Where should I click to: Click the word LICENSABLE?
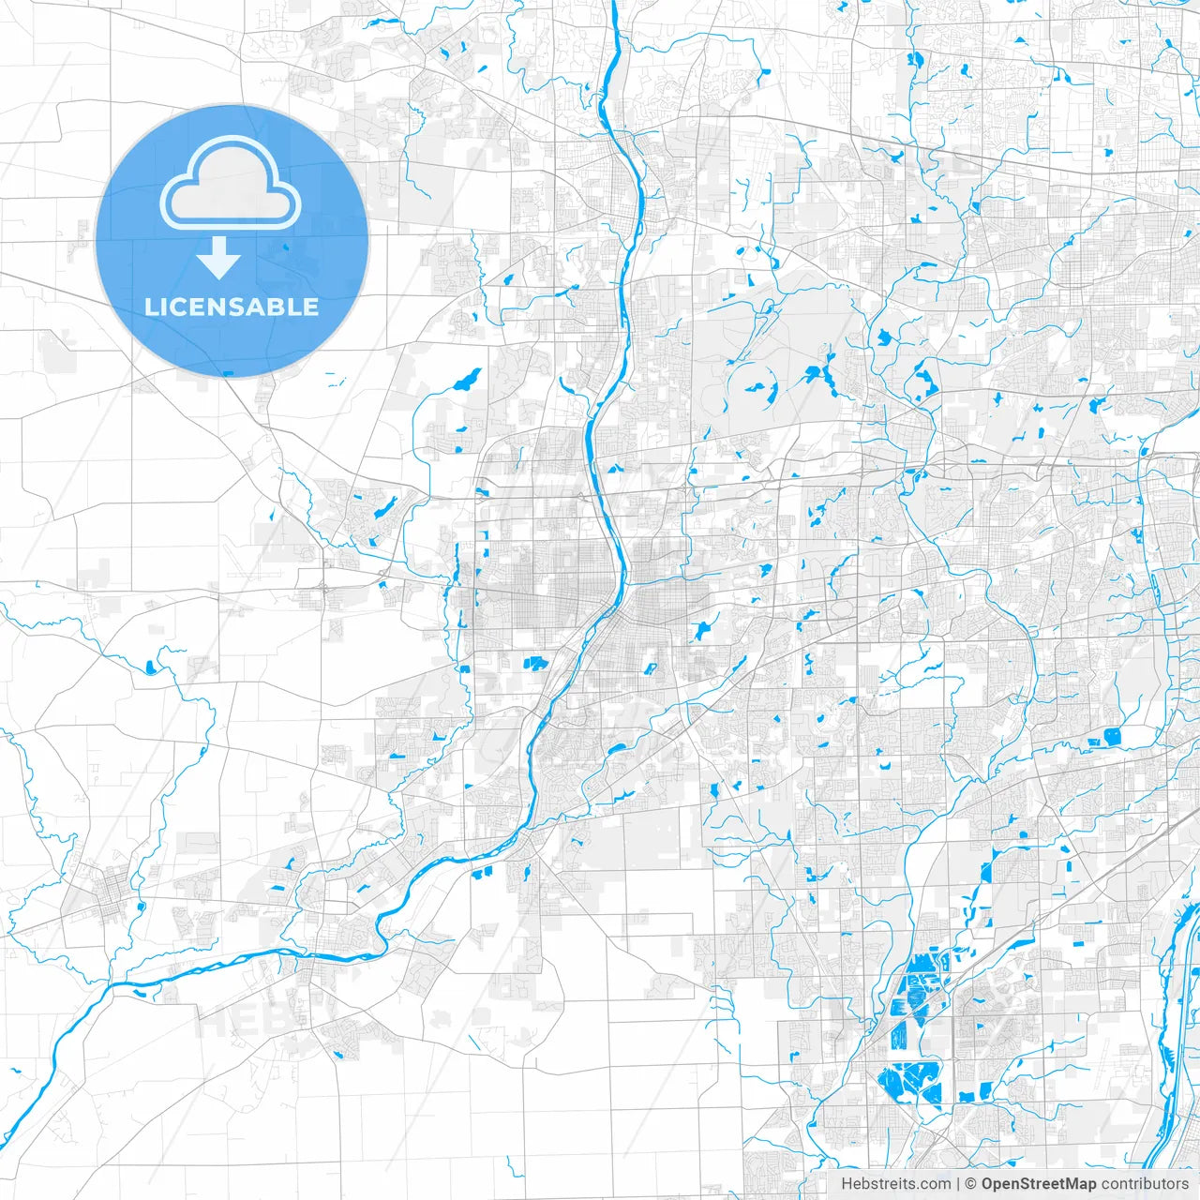point(232,307)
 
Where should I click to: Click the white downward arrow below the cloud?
point(219,259)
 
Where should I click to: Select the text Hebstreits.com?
point(895,1184)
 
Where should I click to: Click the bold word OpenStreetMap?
point(1039,1184)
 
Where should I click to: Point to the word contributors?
point(1145,1184)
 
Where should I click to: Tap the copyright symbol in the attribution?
point(971,1184)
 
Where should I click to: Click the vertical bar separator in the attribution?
point(958,1184)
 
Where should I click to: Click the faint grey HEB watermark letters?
point(230,1022)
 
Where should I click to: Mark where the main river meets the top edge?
point(615,4)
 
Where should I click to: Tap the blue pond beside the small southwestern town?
point(139,907)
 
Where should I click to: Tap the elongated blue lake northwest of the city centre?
point(465,380)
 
